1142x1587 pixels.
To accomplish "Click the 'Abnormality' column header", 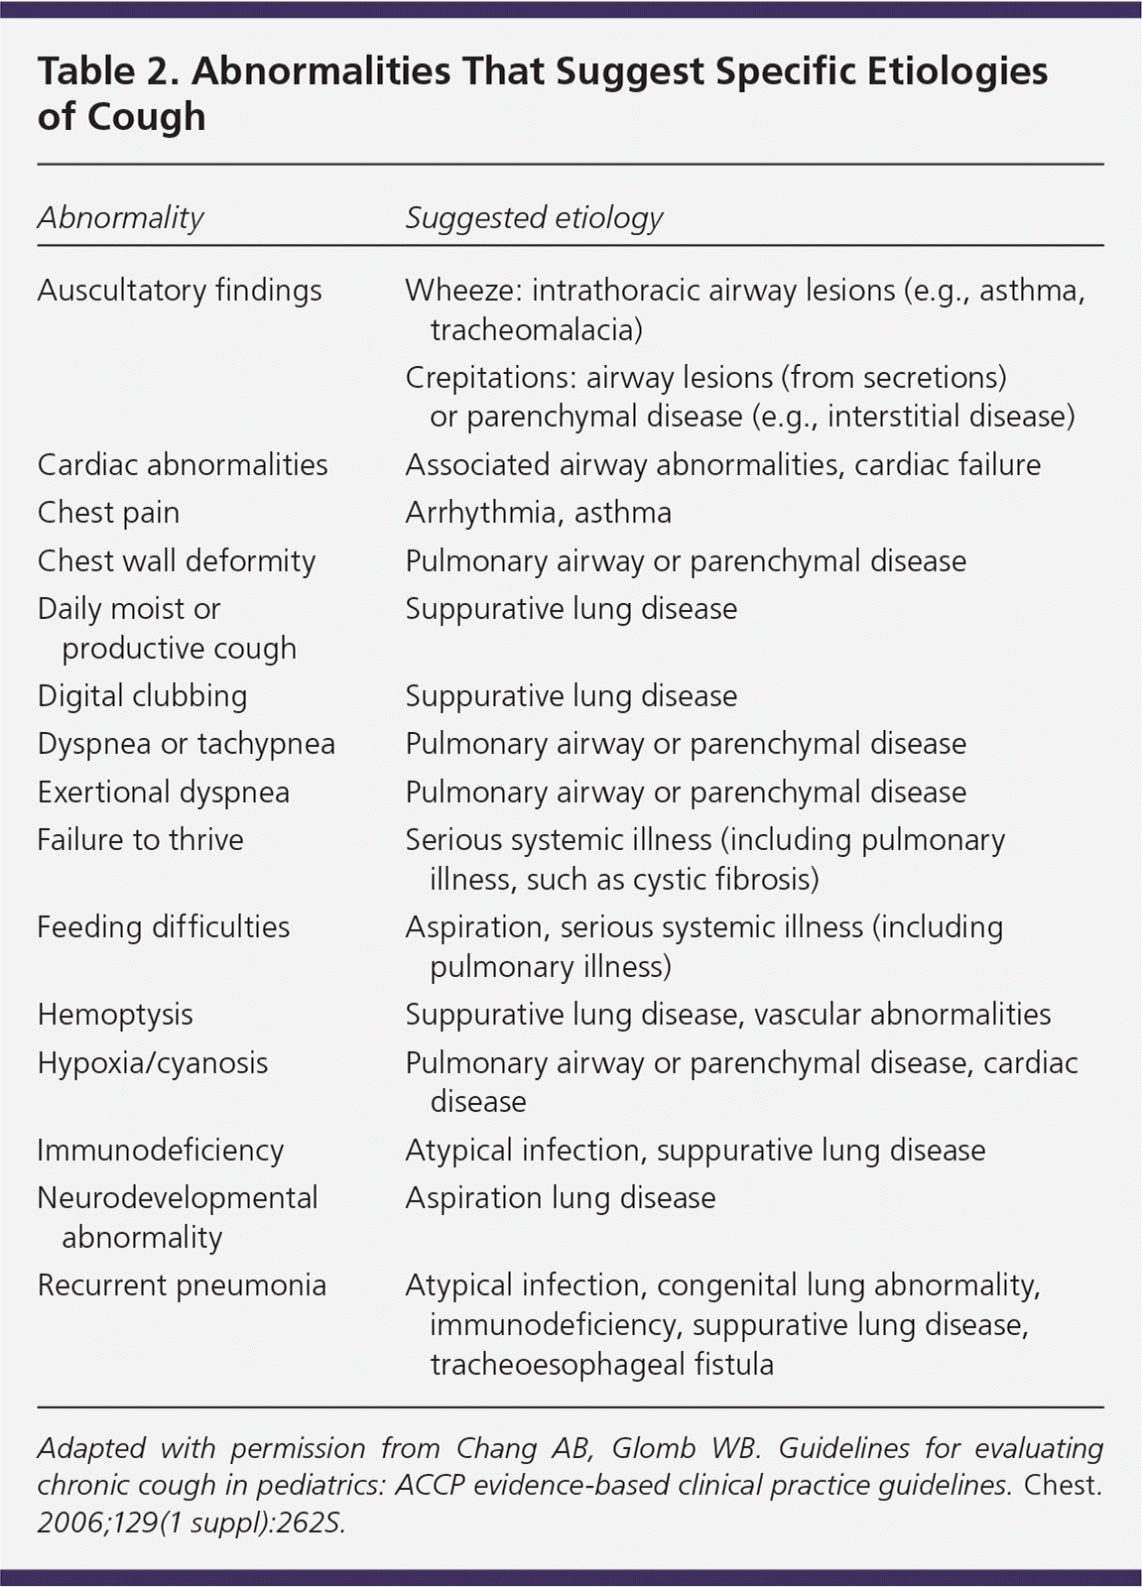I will (x=120, y=217).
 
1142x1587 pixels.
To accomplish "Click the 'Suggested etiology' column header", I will (x=534, y=217).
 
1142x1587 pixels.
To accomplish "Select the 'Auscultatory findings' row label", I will (x=180, y=291).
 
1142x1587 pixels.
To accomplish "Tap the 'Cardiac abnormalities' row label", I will (x=183, y=464).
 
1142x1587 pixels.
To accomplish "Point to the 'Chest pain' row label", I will (x=108, y=513).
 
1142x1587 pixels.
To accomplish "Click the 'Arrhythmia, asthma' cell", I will (x=538, y=513).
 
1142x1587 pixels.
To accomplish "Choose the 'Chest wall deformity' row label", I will (x=177, y=560).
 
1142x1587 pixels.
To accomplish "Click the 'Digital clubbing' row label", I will (x=142, y=695).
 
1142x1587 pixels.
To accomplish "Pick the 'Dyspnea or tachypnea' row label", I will (x=187, y=744).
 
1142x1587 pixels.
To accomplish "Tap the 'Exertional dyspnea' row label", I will (x=164, y=792).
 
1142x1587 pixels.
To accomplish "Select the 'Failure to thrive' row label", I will (x=140, y=840).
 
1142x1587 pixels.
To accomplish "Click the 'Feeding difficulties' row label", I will (x=164, y=927).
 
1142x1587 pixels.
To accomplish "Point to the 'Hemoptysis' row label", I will (x=115, y=1015).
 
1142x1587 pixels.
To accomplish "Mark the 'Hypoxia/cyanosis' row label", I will (x=153, y=1063).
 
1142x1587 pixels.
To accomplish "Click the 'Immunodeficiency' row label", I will (x=161, y=1151).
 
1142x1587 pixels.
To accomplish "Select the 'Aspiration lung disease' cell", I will (x=561, y=1198).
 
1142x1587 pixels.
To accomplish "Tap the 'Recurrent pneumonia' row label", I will (x=182, y=1285).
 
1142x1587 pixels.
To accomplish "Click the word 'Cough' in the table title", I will (x=146, y=117).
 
